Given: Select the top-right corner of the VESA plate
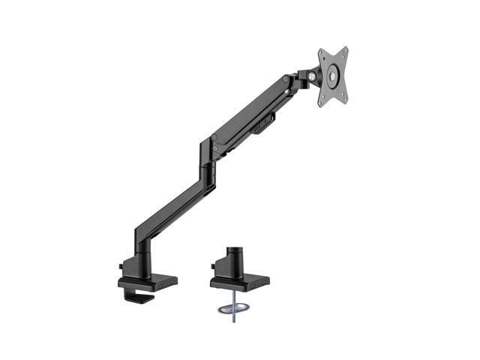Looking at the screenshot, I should click(347, 49).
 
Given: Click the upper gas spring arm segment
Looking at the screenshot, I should click(251, 112).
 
